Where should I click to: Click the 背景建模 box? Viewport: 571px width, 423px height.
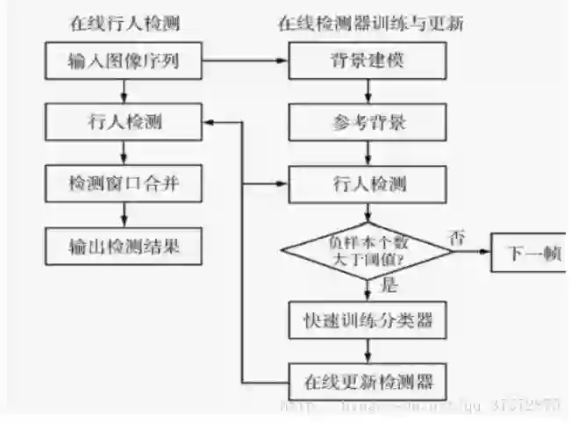coord(368,62)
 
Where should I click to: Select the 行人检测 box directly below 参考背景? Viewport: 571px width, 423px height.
coord(368,184)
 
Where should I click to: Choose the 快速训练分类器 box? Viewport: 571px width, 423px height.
coord(368,319)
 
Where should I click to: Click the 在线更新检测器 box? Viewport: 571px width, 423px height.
coord(368,383)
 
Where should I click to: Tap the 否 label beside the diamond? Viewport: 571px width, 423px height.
coord(455,235)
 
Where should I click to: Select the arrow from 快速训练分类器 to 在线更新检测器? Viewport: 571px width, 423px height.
coord(368,351)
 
